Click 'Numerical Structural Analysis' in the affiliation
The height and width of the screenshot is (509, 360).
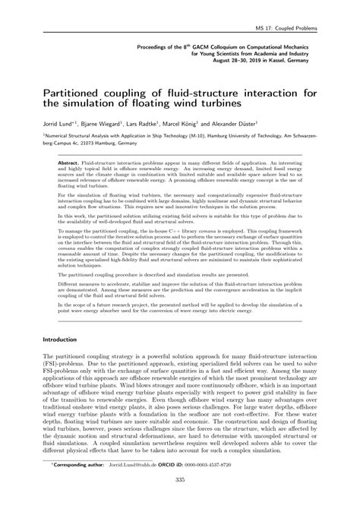click(x=81, y=134)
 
